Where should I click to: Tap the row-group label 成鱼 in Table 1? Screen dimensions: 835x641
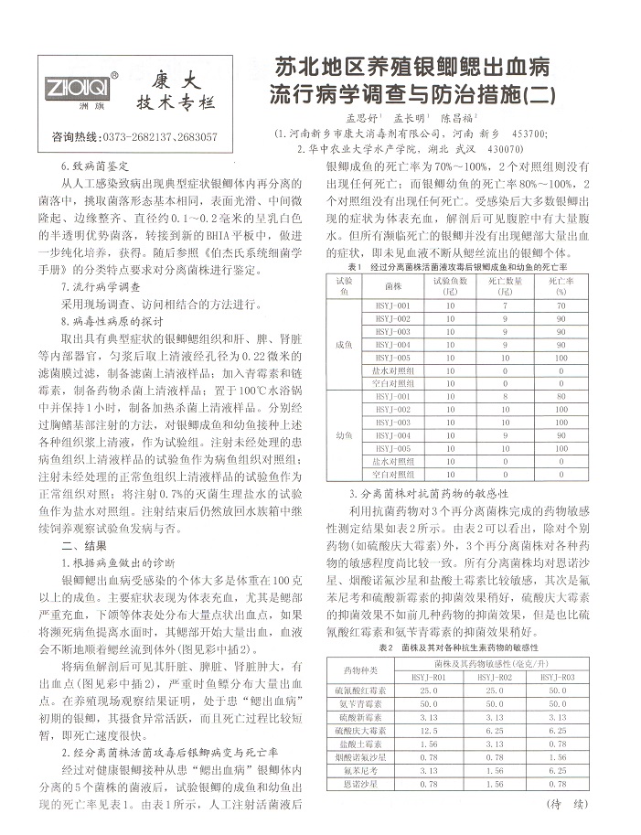tap(344, 344)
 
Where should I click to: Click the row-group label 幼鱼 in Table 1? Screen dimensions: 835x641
tap(344, 436)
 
